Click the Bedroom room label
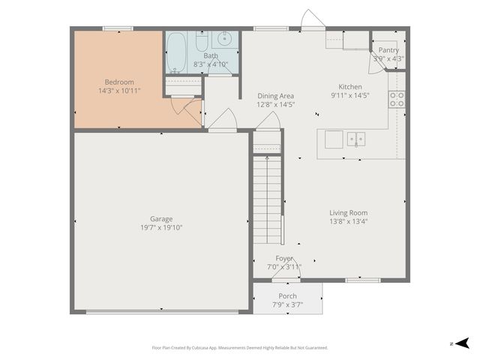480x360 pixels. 118,82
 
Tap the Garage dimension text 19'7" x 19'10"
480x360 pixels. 160,227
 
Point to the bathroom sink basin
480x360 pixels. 224,39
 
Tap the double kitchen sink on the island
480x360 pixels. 355,139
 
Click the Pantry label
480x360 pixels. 388,50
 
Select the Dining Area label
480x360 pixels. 275,96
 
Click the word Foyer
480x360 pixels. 284,258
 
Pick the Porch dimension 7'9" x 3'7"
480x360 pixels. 287,304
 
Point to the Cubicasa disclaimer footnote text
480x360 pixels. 240,347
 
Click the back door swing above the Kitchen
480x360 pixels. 312,20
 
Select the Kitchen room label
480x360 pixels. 350,87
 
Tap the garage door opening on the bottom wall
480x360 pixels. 160,312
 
